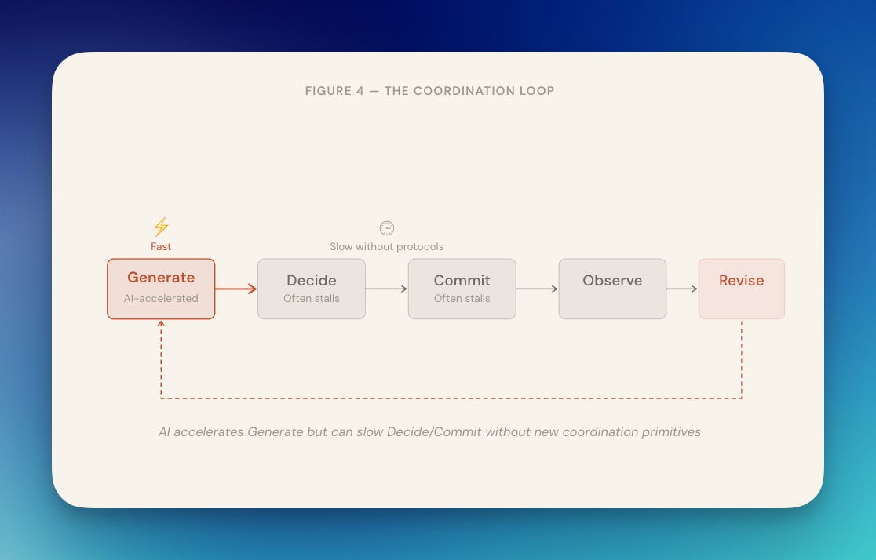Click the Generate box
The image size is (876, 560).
(x=161, y=289)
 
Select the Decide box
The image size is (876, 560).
(x=312, y=289)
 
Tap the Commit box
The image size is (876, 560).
(x=462, y=289)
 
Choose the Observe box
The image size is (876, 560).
(x=612, y=289)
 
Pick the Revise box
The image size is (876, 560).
(x=741, y=289)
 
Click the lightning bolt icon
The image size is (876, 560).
(x=161, y=227)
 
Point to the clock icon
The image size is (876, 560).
(x=387, y=228)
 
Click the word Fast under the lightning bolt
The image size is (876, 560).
(x=161, y=246)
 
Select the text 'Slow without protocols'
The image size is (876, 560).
(x=387, y=247)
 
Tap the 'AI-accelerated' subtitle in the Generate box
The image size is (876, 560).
(x=161, y=299)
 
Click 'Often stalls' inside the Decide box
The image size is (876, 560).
(x=312, y=299)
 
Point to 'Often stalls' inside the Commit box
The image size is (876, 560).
(x=462, y=299)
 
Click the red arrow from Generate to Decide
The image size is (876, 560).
(x=235, y=289)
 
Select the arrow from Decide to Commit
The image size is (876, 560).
(x=386, y=289)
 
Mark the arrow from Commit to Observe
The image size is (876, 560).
(x=537, y=289)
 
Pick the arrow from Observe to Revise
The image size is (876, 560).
(x=682, y=289)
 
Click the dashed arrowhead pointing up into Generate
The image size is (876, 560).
(x=161, y=323)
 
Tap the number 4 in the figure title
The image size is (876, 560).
(x=360, y=91)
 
